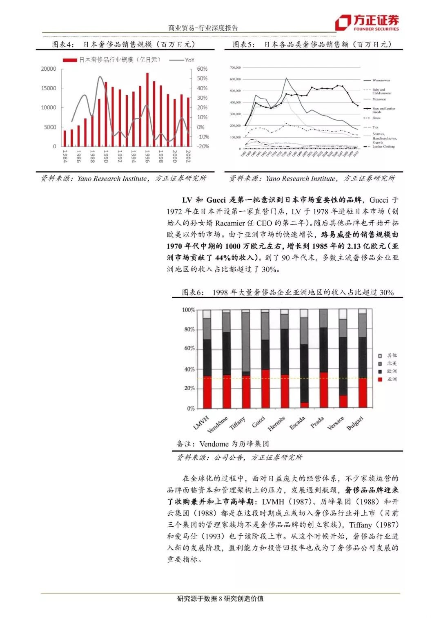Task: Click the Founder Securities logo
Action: [366, 22]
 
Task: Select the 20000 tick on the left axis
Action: [49, 69]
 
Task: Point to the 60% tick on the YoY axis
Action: [202, 69]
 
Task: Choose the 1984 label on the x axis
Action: [65, 156]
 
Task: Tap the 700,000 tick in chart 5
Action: [235, 67]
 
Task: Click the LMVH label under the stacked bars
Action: [201, 422]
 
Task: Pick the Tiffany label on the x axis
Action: [237, 423]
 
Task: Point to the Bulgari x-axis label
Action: [355, 423]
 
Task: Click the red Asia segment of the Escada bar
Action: [304, 405]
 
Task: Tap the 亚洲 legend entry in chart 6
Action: [392, 379]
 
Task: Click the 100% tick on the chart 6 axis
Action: [188, 310]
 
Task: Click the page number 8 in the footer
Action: [220, 599]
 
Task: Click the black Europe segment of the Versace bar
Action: [343, 366]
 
